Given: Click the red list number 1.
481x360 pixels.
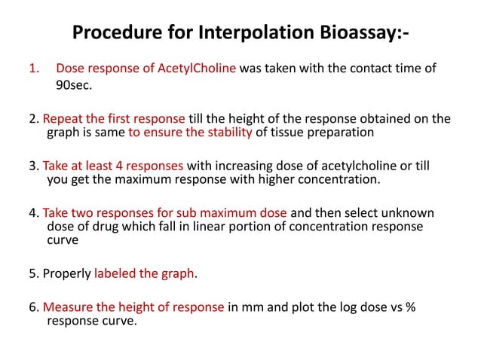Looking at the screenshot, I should point(32,69).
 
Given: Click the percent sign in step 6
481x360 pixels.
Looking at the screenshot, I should point(428,307).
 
